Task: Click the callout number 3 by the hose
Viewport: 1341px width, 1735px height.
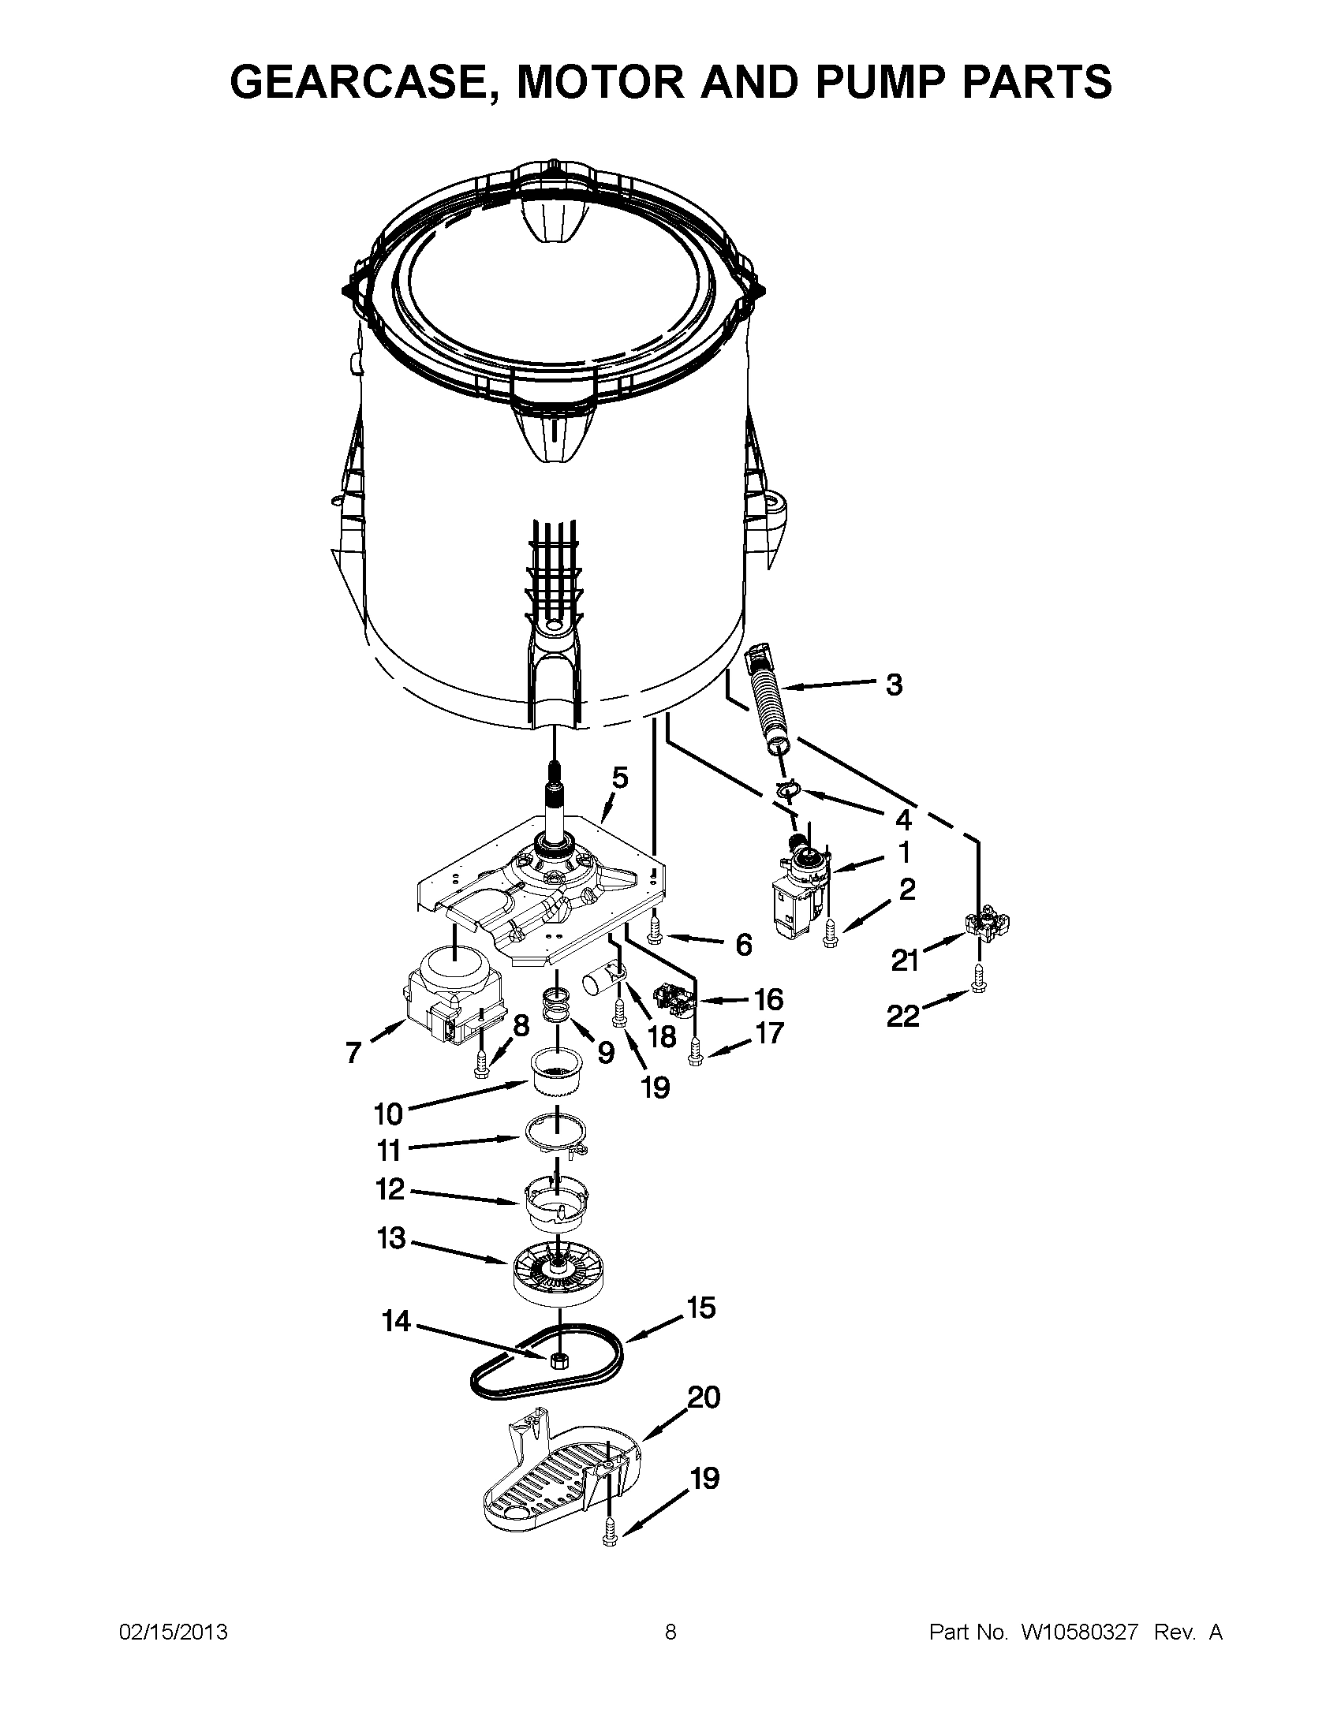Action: [895, 685]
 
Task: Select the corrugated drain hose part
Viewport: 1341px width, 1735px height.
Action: [768, 702]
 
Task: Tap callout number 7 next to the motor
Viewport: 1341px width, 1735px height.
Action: [353, 1054]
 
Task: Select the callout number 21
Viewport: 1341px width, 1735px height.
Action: [905, 961]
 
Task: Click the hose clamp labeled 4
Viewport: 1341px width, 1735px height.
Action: [786, 789]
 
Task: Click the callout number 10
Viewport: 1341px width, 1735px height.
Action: [388, 1114]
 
